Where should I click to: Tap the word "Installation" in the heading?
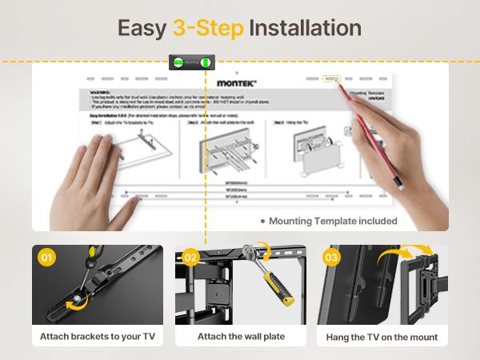[305, 28]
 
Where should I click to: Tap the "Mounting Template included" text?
[333, 222]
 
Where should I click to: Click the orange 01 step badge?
[47, 258]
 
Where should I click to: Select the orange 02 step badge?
[190, 258]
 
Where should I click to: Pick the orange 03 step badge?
[332, 258]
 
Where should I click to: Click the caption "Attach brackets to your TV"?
[98, 337]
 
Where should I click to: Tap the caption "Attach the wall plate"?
[239, 337]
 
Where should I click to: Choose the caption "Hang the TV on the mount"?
[382, 337]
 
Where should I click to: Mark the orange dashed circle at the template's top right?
[330, 80]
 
